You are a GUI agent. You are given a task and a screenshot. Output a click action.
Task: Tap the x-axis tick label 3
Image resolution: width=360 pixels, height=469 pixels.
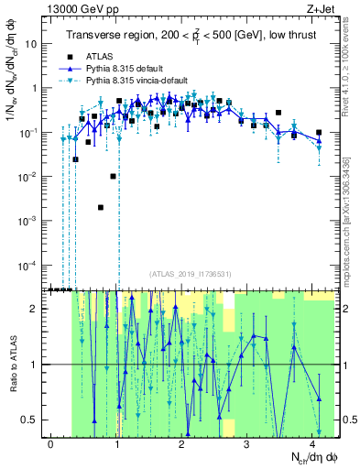click(247, 443)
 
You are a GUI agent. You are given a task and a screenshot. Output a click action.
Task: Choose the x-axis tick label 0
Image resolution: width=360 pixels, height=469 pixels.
click(51, 443)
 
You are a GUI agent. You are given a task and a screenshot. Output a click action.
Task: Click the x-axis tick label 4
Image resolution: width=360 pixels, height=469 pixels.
click(312, 443)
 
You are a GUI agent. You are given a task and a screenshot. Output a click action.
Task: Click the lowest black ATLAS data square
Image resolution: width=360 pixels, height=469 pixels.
click(101, 207)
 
